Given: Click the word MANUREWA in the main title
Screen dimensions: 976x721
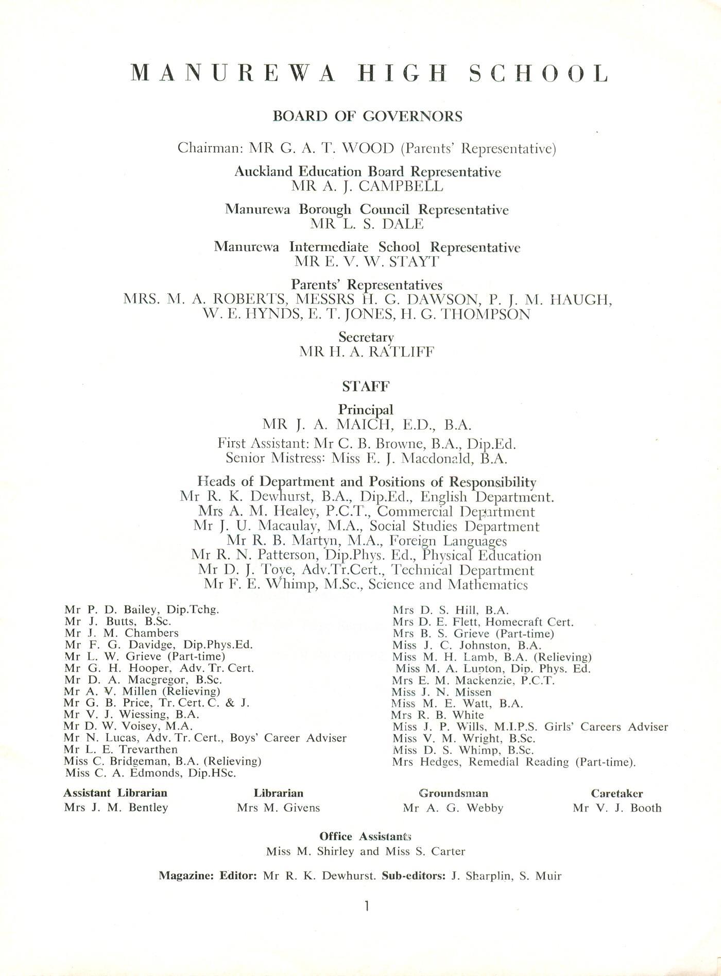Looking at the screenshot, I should point(234,74).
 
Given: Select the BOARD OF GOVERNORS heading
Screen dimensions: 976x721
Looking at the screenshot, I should point(367,116).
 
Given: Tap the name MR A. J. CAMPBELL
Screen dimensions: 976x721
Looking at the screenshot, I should point(367,186).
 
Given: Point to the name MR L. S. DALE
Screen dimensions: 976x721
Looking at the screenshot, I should point(367,224).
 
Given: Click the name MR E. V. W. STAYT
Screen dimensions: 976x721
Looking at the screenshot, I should point(367,262).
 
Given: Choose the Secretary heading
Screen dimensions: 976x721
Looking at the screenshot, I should point(366,337).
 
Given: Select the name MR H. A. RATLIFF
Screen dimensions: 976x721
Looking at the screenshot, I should point(367,352).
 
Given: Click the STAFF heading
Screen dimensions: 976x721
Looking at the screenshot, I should point(366,386).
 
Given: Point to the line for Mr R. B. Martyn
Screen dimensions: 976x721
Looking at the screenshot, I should point(367,541).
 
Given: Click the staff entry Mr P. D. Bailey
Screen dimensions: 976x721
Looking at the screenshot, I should point(142,610).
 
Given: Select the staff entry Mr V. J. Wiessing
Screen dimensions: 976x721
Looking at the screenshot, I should point(131,715).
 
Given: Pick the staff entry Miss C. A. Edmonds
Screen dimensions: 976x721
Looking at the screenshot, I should point(151,773).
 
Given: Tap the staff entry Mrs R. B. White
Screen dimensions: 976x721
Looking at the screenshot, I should point(438,715).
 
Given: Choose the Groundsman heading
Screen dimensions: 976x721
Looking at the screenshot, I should point(453,794).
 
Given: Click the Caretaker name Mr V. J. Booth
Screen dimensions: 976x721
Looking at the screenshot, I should point(617,808).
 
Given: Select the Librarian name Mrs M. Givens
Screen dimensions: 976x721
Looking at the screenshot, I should point(278,808).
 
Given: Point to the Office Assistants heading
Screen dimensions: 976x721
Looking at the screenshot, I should point(365,836).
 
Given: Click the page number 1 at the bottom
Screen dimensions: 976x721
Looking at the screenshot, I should point(366,906).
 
